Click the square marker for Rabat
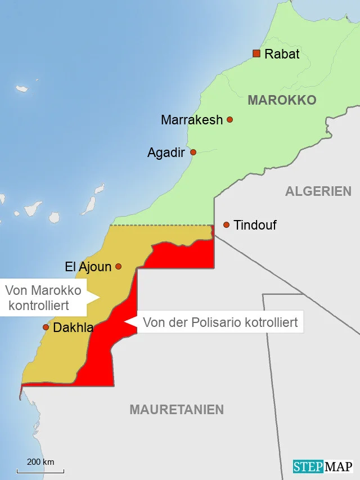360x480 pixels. [256, 53]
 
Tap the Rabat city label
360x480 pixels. [282, 54]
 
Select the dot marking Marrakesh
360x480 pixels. [229, 119]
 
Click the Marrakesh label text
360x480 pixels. [192, 120]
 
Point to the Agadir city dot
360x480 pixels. [193, 152]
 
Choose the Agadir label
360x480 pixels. [166, 152]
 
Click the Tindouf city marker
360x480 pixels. [226, 225]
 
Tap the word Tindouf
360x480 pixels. [255, 225]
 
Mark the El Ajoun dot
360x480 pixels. [118, 266]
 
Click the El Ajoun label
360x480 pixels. [88, 267]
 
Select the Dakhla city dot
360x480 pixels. [46, 327]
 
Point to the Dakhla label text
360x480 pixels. [73, 328]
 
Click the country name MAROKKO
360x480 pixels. [282, 100]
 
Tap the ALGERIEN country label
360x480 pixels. [318, 191]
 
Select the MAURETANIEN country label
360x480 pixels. [177, 410]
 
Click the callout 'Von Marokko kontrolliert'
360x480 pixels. [43, 298]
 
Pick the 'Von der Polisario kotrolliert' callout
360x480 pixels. [220, 322]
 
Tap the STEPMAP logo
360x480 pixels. [322, 466]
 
